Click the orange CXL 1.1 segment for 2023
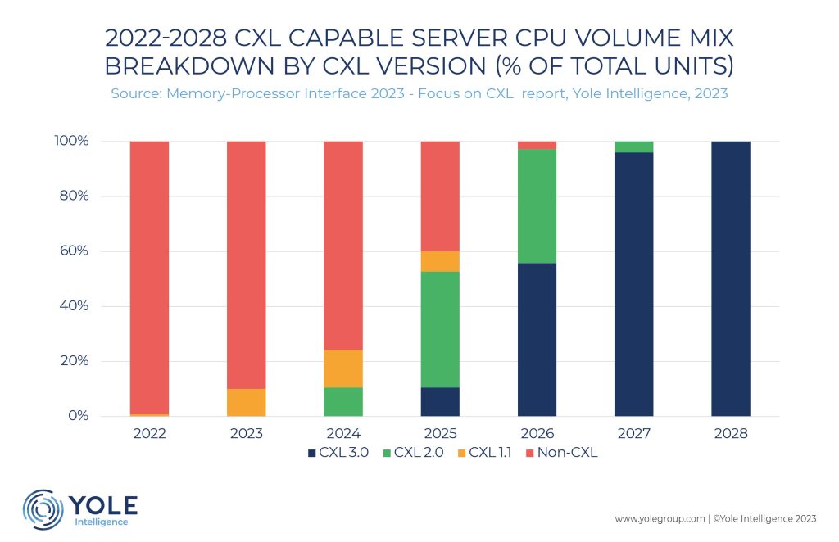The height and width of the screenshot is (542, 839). click(x=247, y=402)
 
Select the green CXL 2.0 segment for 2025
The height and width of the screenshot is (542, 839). click(x=440, y=329)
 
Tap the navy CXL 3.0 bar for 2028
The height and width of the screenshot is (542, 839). click(x=731, y=278)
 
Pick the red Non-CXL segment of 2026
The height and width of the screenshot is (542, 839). click(x=537, y=145)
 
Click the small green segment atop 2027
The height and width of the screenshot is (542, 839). click(x=633, y=147)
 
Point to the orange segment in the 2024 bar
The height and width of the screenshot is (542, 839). click(x=343, y=368)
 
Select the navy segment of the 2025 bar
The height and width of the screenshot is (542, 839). click(x=440, y=401)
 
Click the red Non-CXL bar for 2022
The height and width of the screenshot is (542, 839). click(x=150, y=278)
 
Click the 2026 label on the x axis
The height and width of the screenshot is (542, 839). click(x=537, y=433)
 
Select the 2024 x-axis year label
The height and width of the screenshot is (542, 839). click(x=343, y=433)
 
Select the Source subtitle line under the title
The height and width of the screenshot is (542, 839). click(x=419, y=94)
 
